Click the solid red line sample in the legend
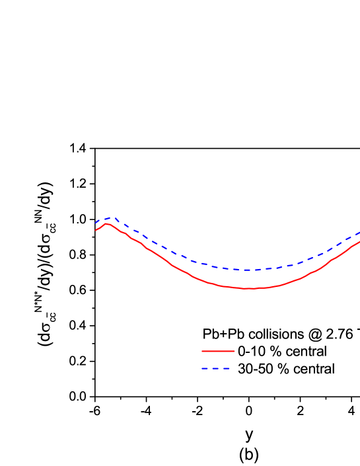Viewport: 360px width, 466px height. pos(218,351)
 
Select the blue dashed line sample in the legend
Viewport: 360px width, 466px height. pos(216,368)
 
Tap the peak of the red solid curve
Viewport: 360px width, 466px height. pos(106,223)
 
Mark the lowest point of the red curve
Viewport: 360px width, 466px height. pos(248,288)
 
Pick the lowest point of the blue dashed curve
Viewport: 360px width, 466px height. pos(246,270)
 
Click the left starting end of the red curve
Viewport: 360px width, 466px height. pos(96,230)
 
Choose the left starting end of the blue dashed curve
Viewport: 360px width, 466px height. pos(96,223)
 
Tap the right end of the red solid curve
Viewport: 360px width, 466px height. pos(359,242)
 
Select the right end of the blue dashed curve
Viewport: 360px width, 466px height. pos(359,233)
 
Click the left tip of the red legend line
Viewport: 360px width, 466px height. pos(202,351)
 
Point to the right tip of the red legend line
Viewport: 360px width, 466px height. pos(234,351)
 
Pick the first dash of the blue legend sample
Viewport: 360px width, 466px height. pos(205,368)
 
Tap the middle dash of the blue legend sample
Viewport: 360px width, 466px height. pos(216,368)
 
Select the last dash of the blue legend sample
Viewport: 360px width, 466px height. pos(227,368)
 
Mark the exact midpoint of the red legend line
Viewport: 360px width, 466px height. pos(218,351)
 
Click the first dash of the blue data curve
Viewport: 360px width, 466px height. pos(98,221)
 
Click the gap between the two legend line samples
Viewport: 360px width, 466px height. pos(218,360)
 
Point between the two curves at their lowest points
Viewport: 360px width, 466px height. pos(247,279)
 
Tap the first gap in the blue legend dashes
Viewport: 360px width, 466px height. pos(210,368)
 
